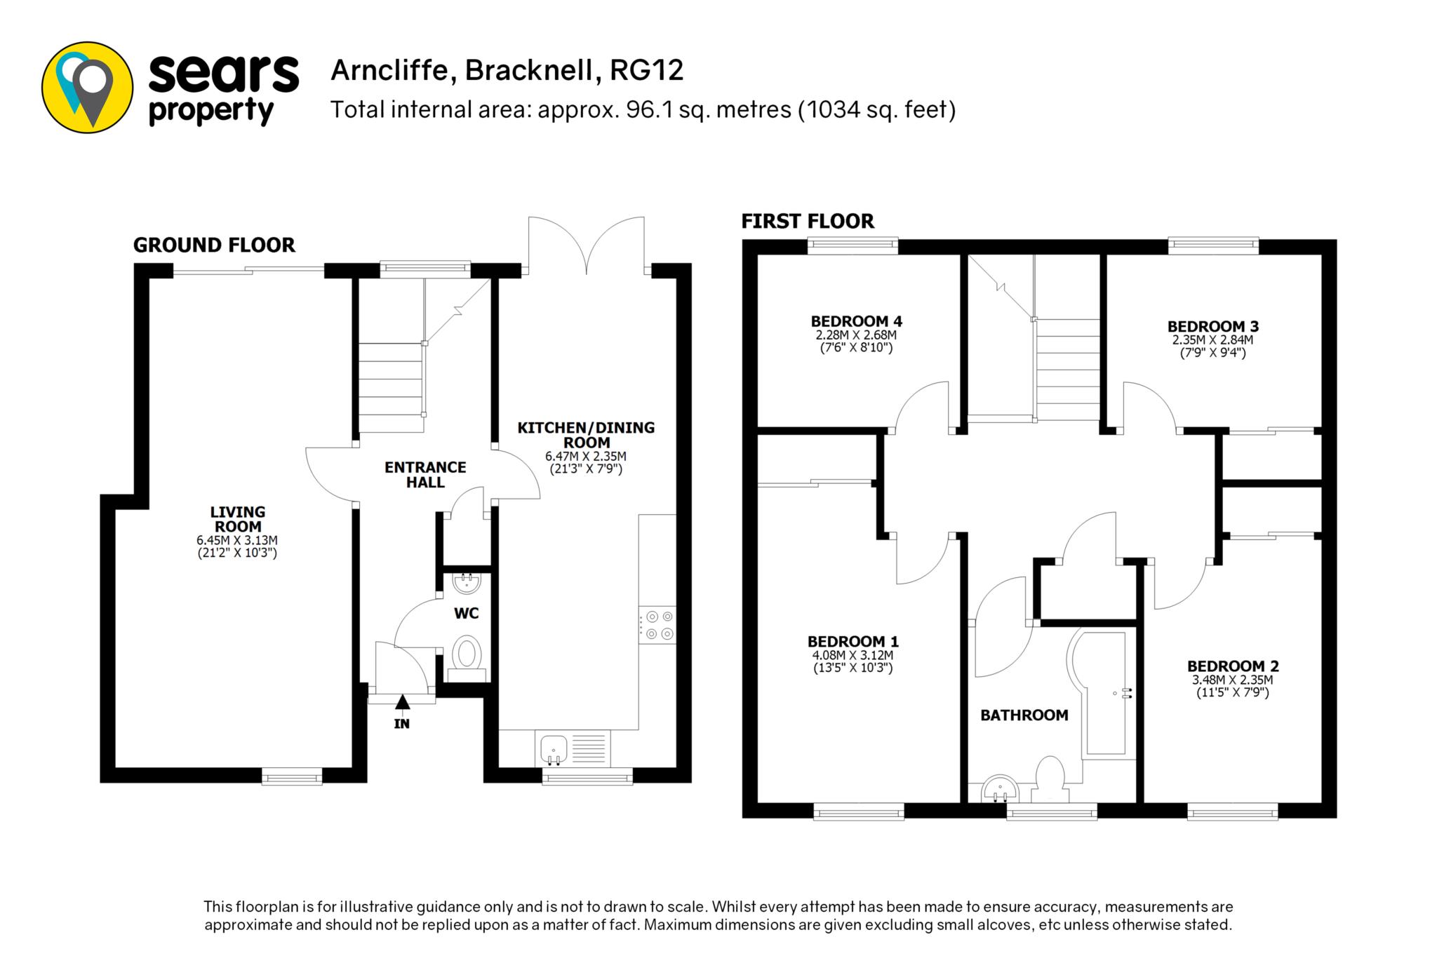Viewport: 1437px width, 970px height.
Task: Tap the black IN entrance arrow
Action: click(x=402, y=701)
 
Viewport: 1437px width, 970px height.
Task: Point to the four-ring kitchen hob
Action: click(x=657, y=625)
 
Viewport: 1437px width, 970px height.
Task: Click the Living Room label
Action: click(x=238, y=519)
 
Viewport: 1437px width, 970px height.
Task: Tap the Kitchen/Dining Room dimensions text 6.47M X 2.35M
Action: click(x=586, y=456)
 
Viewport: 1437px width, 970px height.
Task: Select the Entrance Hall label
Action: click(x=425, y=475)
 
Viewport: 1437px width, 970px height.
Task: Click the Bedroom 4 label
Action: click(x=856, y=321)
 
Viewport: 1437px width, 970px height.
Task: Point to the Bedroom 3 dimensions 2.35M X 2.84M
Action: click(x=1212, y=340)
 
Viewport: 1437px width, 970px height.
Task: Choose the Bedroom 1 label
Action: click(x=853, y=641)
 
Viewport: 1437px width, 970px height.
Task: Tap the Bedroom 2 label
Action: click(x=1233, y=666)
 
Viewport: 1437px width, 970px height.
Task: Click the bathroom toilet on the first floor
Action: click(x=1050, y=779)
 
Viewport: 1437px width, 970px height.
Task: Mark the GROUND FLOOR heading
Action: click(x=214, y=245)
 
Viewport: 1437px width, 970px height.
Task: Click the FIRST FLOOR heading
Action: click(x=808, y=222)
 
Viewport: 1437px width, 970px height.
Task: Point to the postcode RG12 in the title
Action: click(x=647, y=70)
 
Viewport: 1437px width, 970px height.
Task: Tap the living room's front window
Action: click(x=292, y=775)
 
